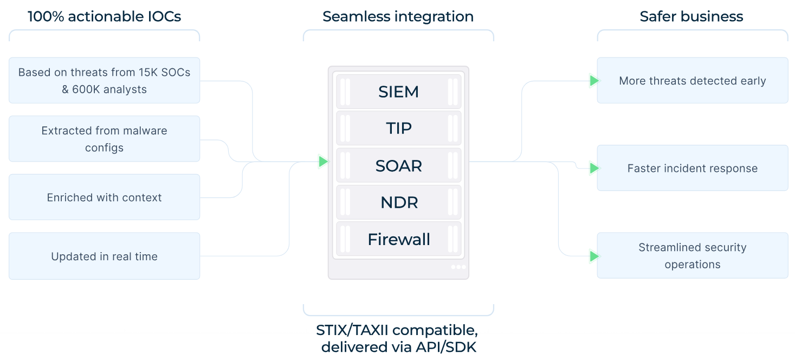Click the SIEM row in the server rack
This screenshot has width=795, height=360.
pyautogui.click(x=398, y=92)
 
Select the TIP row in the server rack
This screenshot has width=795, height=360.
pyautogui.click(x=398, y=128)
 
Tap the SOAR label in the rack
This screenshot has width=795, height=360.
pyautogui.click(x=398, y=165)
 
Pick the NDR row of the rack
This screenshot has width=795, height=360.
pyautogui.click(x=398, y=202)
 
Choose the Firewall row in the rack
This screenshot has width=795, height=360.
pyautogui.click(x=398, y=239)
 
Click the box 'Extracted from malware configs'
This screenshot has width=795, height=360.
pyautogui.click(x=104, y=139)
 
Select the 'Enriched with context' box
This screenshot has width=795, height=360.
pyautogui.click(x=104, y=197)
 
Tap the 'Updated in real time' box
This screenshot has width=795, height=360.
pyautogui.click(x=104, y=256)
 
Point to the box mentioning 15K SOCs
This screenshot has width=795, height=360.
pyautogui.click(x=104, y=80)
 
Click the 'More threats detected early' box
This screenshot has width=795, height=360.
pyautogui.click(x=692, y=81)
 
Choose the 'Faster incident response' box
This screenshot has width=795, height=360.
pyautogui.click(x=692, y=168)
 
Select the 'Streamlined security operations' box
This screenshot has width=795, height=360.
pyautogui.click(x=692, y=256)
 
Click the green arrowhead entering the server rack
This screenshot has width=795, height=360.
pyautogui.click(x=324, y=161)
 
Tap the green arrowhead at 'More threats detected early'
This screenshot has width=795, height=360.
pyautogui.click(x=594, y=81)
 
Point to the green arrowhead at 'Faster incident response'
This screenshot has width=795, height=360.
pyautogui.click(x=594, y=168)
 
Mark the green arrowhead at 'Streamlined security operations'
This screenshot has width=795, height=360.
pyautogui.click(x=594, y=256)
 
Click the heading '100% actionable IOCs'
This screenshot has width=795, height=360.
pyautogui.click(x=104, y=16)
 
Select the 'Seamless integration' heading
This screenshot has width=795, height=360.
pyautogui.click(x=398, y=16)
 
